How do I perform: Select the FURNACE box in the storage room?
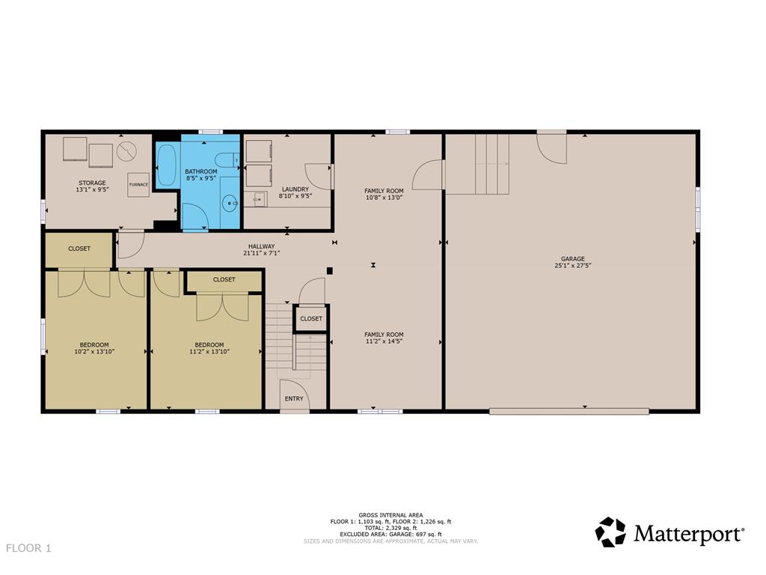tap(138, 184)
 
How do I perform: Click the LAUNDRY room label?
tap(295, 189)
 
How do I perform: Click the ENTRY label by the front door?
tap(294, 398)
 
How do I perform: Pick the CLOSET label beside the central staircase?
tap(311, 318)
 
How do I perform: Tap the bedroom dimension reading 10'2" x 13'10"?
tap(94, 351)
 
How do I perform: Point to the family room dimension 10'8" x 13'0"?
tap(384, 198)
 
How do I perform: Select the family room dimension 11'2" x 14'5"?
tap(384, 341)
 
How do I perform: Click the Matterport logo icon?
tap(610, 532)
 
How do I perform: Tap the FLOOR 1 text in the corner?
tap(28, 548)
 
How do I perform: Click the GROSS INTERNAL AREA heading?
tap(390, 515)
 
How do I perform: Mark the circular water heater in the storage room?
tap(126, 150)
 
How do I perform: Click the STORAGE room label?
tap(92, 183)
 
